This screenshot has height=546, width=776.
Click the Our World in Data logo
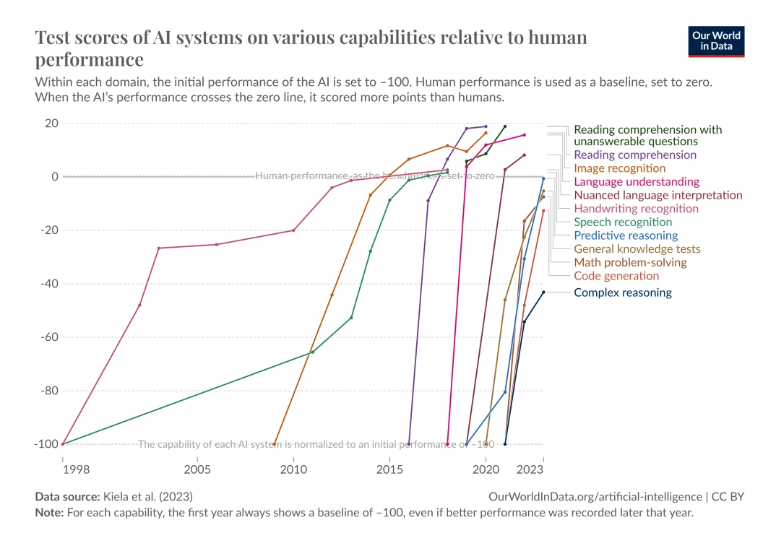tap(717, 42)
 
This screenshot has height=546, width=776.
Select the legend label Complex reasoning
tap(622, 292)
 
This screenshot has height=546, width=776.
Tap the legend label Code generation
tap(616, 276)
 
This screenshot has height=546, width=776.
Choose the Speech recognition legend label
tap(623, 222)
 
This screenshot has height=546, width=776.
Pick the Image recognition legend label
tap(619, 168)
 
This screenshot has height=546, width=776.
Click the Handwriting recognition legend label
tap(636, 209)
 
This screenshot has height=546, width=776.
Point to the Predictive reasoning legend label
tap(626, 235)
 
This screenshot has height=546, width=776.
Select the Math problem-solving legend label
tap(630, 262)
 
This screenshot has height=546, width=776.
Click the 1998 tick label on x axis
tap(75, 469)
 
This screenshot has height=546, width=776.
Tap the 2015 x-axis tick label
tap(389, 469)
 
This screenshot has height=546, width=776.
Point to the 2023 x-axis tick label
tap(532, 469)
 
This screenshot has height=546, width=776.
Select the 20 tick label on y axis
tap(51, 123)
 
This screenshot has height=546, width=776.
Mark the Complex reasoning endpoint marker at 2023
tap(543, 292)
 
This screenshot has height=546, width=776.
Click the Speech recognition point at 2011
tap(312, 352)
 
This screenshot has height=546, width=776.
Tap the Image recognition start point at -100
tap(274, 444)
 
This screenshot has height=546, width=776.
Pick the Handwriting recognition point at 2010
tap(293, 230)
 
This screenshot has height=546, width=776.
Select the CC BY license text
tap(728, 497)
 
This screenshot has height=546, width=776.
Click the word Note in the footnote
tap(48, 513)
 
